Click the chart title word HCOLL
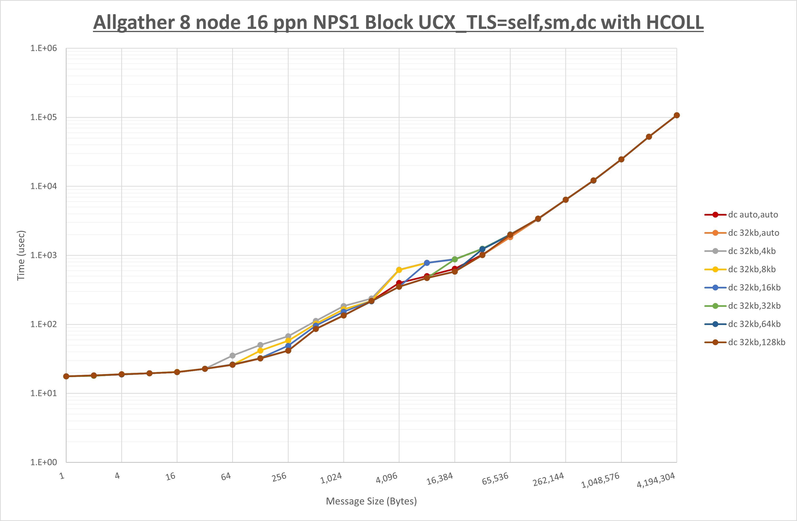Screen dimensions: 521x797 point(675,22)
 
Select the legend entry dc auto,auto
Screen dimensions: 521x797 point(753,215)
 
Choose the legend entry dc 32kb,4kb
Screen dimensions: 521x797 point(752,251)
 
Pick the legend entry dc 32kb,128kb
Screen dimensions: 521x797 point(756,342)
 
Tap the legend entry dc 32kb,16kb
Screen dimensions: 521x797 point(754,288)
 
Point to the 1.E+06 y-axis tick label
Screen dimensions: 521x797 point(44,48)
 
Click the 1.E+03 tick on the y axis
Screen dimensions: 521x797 point(44,255)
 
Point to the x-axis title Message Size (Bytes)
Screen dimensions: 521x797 point(371,501)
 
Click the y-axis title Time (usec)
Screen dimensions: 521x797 point(21,255)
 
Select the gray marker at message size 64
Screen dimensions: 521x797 point(232,356)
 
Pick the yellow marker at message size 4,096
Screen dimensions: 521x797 point(399,270)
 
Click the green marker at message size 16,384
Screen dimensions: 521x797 point(454,259)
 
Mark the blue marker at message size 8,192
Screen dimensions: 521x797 point(427,263)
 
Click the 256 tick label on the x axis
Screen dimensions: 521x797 point(279,477)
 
